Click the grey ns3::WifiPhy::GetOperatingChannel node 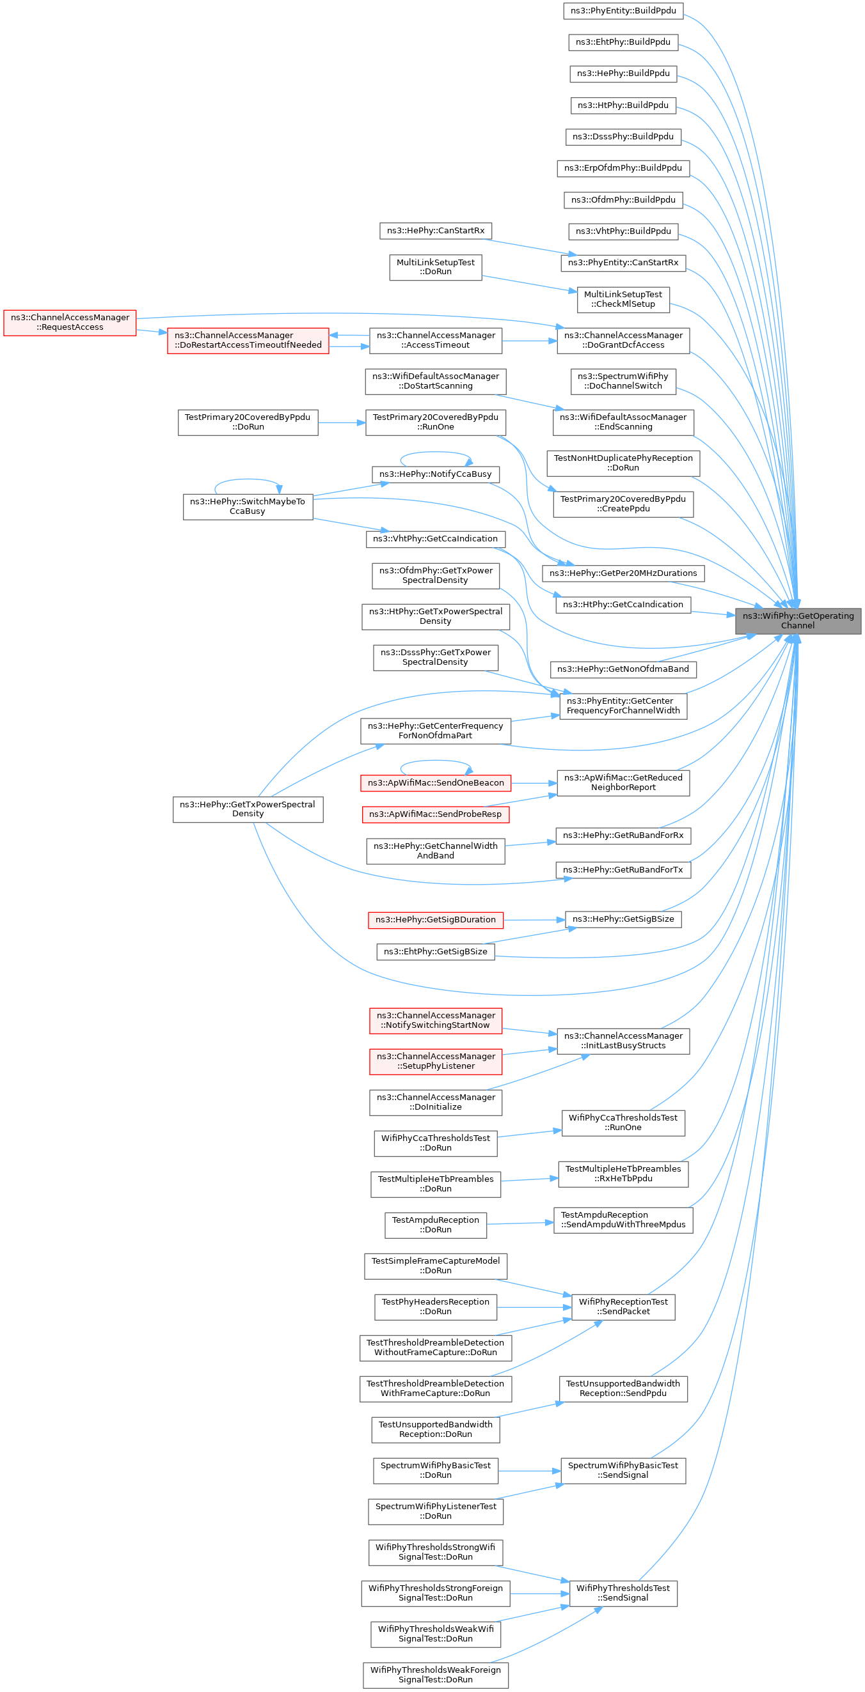(797, 621)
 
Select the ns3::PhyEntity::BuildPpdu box (623, 10)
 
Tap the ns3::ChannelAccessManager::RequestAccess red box (70, 323)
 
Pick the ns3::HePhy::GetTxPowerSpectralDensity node (248, 809)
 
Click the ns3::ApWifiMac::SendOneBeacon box (435, 783)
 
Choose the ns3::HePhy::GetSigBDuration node (435, 920)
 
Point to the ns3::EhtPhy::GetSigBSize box (435, 951)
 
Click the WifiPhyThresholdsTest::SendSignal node (623, 1593)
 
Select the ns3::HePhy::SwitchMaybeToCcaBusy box (248, 506)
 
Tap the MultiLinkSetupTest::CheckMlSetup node (623, 300)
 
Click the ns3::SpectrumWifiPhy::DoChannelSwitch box (623, 381)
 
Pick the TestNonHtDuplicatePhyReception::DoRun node (623, 463)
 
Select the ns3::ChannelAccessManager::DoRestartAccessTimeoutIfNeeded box (248, 340)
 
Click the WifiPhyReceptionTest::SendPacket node (623, 1307)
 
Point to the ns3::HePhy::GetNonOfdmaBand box (623, 669)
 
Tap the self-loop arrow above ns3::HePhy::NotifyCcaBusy (435, 453)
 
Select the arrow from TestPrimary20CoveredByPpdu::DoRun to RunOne (341, 423)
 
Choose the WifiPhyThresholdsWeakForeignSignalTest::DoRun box (435, 1675)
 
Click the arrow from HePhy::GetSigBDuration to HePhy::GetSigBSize (534, 920)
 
